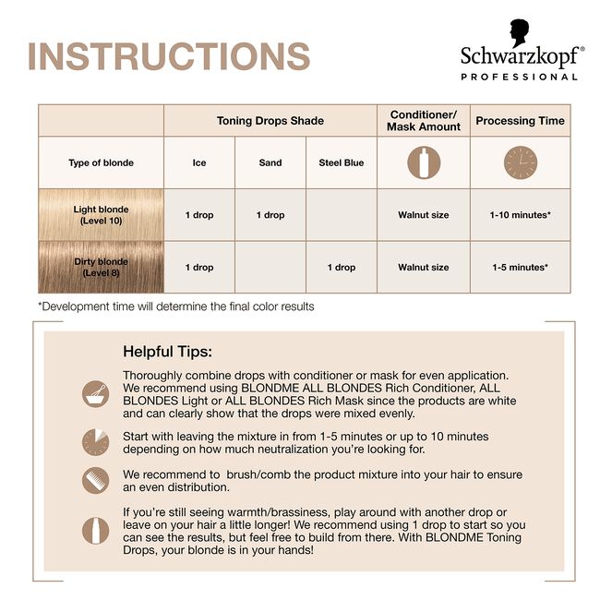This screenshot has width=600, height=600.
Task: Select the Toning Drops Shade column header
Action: (x=270, y=121)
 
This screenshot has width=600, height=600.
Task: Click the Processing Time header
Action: (x=520, y=121)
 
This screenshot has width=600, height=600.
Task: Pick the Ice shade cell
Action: (x=199, y=163)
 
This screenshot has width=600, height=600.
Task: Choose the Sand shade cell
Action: (x=270, y=163)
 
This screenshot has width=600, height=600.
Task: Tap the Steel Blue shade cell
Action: (x=342, y=163)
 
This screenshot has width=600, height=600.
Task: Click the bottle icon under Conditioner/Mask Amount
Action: (x=424, y=163)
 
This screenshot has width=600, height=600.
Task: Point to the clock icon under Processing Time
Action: (x=520, y=163)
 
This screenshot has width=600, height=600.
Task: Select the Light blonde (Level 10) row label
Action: (x=102, y=215)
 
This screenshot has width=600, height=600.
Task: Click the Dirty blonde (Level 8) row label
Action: (x=102, y=268)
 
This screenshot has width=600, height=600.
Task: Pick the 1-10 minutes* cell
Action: (x=520, y=215)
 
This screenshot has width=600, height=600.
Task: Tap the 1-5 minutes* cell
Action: (x=520, y=268)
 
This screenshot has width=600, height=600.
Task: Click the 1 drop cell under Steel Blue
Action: (x=342, y=268)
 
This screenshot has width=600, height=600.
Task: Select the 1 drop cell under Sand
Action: (x=270, y=215)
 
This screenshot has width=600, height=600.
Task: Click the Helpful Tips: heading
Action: (x=167, y=352)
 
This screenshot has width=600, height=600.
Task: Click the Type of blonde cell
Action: (x=102, y=163)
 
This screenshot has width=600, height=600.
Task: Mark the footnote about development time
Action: (x=175, y=306)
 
